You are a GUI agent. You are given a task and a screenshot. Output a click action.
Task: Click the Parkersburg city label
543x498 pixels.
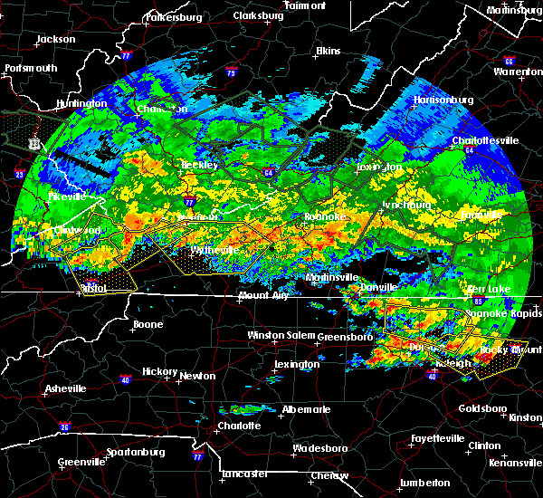tap(172, 16)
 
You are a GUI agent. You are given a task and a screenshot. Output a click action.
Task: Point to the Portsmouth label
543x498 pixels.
tap(31, 68)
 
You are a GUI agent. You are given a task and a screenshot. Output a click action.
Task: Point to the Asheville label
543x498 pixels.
tap(67, 389)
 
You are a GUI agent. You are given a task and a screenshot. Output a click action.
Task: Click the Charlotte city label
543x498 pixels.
tap(239, 426)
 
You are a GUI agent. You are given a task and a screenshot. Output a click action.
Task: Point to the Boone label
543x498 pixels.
tap(148, 324)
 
